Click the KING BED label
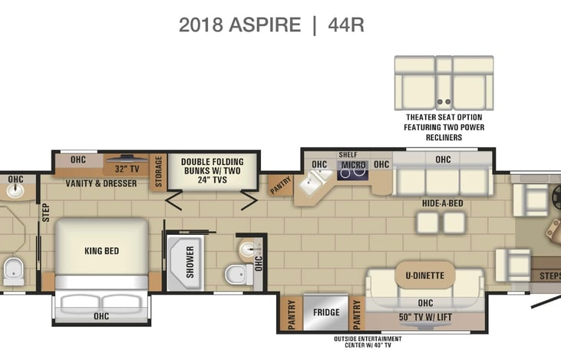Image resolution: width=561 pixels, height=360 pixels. tap(101, 251)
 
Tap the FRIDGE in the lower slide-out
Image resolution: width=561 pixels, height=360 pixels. tap(325, 312)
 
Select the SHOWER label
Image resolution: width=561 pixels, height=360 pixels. tap(190, 262)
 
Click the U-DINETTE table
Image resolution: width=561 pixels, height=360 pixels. tap(425, 276)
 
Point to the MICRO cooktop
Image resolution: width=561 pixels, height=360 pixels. tap(353, 170)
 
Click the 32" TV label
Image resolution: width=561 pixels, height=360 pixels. tap(127, 169)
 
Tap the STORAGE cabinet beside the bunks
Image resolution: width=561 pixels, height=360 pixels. tap(158, 171)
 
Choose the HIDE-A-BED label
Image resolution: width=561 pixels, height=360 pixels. tap(443, 203)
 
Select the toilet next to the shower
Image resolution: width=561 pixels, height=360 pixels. tap(238, 275)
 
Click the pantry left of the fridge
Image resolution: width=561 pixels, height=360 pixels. tap(291, 313)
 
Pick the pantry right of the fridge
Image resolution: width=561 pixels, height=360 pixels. tap(357, 313)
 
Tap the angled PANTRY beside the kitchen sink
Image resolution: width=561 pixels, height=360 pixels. tap(281, 185)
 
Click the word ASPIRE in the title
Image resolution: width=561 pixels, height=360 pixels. tap(265, 25)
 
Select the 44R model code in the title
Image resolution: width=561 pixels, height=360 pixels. tap(346, 25)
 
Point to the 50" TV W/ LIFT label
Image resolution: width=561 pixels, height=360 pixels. tap(425, 317)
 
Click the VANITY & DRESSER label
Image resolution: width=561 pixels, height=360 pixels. tap(101, 183)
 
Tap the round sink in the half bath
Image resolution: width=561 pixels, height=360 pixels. tap(249, 248)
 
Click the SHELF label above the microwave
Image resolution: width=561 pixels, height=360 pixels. tap(348, 154)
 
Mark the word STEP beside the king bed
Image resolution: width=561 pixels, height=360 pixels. tap(46, 213)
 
